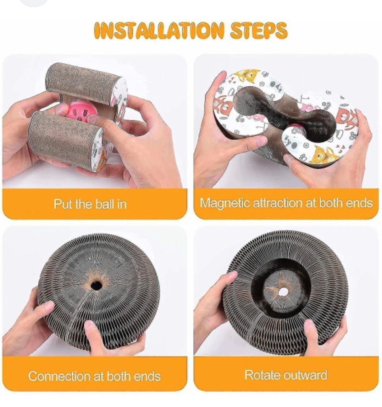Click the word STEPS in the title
[259, 31]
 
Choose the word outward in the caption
[304, 375]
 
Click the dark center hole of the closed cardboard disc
[96, 286]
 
